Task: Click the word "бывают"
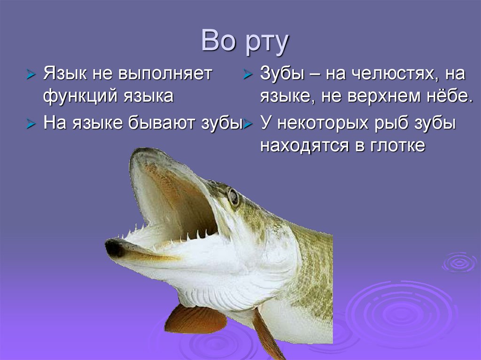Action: [x=158, y=124]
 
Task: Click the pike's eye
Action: [x=233, y=197]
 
